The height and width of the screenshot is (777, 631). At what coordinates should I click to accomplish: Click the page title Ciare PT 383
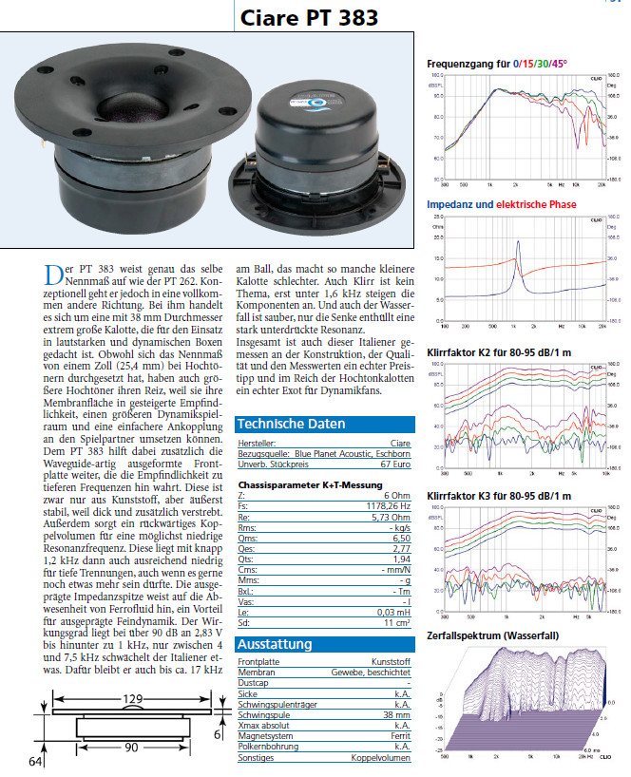click(308, 18)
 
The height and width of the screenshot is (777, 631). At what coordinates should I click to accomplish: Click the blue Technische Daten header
click(291, 425)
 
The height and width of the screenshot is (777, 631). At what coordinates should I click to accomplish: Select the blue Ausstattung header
click(275, 644)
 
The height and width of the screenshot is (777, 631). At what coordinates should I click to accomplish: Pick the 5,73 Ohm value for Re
click(392, 519)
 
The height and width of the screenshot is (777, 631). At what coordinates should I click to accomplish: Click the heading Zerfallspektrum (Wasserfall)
click(492, 635)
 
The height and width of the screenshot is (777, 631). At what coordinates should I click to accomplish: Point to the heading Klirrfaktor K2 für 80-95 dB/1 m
click(499, 351)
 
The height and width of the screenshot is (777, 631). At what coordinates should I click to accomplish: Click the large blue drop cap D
click(54, 276)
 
